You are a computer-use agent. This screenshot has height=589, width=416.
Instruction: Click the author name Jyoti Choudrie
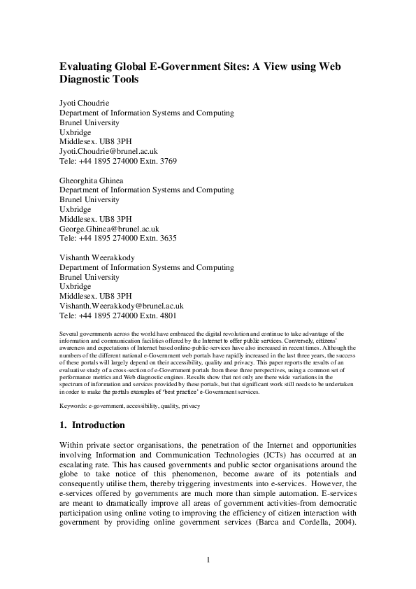pos(85,104)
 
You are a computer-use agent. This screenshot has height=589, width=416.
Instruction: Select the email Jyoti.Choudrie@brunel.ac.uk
pos(108,151)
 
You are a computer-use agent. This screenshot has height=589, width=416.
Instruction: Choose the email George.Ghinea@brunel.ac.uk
pos(109,228)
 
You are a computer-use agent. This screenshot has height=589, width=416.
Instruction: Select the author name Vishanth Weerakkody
pos(97,257)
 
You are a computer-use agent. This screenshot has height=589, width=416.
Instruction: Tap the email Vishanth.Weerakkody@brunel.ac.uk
pos(121,306)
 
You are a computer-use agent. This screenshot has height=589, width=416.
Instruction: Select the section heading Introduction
pos(99,425)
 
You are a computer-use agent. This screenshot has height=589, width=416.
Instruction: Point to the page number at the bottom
pos(208,560)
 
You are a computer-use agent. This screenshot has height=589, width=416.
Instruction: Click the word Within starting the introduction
pos(73,444)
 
